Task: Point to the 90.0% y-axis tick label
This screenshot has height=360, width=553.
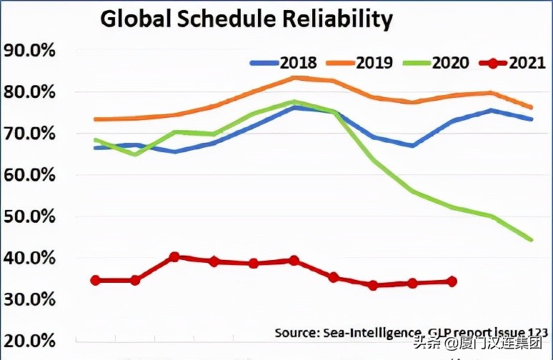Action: [x=30, y=51]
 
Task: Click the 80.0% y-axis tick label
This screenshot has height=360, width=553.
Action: [x=30, y=93]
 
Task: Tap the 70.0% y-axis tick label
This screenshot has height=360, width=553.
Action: [x=30, y=134]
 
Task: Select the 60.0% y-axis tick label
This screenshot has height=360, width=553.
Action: [x=30, y=175]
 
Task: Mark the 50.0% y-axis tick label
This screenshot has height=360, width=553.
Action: [x=30, y=216]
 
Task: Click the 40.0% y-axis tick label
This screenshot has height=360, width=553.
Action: [x=30, y=258]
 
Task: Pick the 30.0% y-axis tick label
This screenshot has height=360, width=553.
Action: [x=30, y=299]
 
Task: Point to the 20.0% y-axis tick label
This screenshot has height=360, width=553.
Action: [x=30, y=341]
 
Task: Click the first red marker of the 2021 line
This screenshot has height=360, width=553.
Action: [x=95, y=280]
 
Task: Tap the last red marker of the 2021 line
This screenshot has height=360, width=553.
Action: [x=452, y=281]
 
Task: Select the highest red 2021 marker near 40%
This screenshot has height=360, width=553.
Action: [x=174, y=257]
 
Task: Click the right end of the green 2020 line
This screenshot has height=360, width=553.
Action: [x=531, y=239]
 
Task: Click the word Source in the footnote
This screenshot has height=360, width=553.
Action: [x=296, y=332]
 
